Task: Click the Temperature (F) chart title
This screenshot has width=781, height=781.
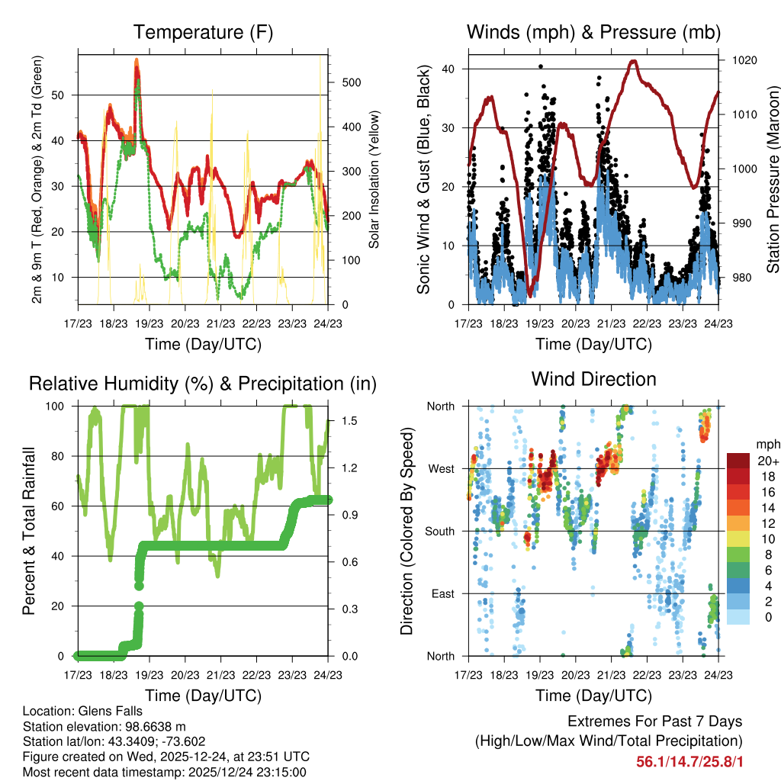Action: (203, 33)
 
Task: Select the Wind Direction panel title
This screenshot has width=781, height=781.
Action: (593, 379)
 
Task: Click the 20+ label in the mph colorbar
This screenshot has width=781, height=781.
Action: (768, 461)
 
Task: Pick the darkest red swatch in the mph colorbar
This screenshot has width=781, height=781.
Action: (738, 461)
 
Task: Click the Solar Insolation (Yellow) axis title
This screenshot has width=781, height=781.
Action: (374, 179)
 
